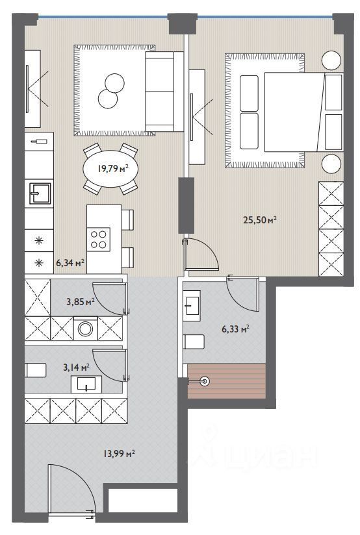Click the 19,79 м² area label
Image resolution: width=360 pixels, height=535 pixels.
click(113, 168)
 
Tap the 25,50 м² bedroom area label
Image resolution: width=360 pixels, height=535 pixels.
click(259, 219)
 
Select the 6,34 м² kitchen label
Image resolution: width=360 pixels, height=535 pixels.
click(70, 263)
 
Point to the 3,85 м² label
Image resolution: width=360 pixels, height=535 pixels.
click(81, 302)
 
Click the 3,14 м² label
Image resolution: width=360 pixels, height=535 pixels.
click(76, 367)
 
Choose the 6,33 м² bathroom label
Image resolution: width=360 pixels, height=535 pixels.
click(235, 329)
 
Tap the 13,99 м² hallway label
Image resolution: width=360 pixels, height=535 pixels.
click(119, 454)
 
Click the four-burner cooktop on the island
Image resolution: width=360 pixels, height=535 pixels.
click(98, 239)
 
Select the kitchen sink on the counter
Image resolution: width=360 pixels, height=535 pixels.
click(40, 193)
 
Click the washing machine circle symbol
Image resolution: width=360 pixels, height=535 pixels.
click(85, 329)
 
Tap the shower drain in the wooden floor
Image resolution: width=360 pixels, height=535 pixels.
click(205, 380)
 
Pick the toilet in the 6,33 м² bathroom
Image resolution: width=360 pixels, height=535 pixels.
click(194, 342)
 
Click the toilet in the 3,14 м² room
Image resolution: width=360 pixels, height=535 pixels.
click(36, 370)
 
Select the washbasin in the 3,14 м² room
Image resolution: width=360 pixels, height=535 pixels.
click(86, 384)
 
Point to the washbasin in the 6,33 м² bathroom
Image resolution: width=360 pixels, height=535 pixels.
click(192, 306)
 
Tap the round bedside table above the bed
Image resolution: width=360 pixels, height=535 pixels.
click(331, 60)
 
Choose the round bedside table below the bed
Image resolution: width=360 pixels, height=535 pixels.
click(331, 163)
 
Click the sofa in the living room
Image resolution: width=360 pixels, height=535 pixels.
click(164, 92)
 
